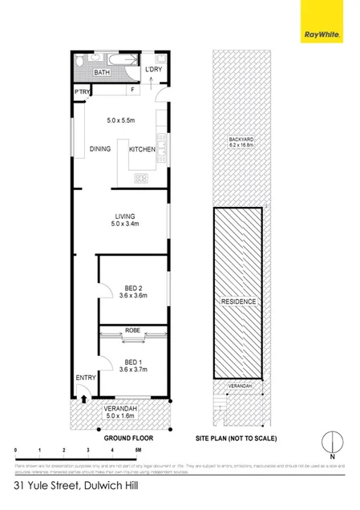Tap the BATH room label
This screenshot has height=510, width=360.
pos(102,72)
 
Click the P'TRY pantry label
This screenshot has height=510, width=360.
pos(82,91)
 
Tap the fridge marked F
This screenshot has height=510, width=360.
pos(132,91)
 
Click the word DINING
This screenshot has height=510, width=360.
pos(100,149)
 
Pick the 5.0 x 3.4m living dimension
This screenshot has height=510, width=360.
pos(123,224)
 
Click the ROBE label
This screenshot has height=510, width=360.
pos(132,330)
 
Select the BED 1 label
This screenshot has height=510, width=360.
pos(123,361)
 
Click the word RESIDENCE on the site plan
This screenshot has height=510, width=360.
pos(238,302)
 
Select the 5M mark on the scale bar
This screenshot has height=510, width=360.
pos(138,451)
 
